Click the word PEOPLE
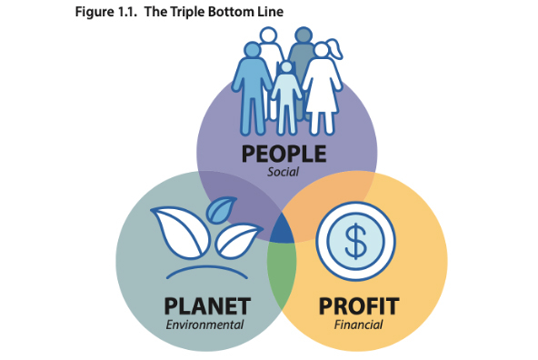pos(284,154)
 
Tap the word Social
pos(284,172)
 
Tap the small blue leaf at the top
pos(221,212)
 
